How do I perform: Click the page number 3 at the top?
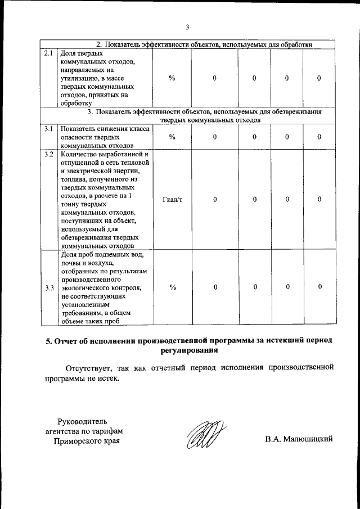click(x=187, y=26)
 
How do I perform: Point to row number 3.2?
click(x=48, y=154)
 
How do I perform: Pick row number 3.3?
click(x=48, y=288)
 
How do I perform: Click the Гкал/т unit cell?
click(x=172, y=199)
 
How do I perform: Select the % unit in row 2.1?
click(x=172, y=78)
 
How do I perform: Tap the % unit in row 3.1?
click(x=172, y=137)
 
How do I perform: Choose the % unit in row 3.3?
click(x=172, y=287)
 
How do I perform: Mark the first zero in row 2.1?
click(x=215, y=78)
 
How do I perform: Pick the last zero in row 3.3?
click(x=319, y=287)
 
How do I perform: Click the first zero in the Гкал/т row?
click(x=215, y=199)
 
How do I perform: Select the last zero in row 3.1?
click(x=319, y=137)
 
